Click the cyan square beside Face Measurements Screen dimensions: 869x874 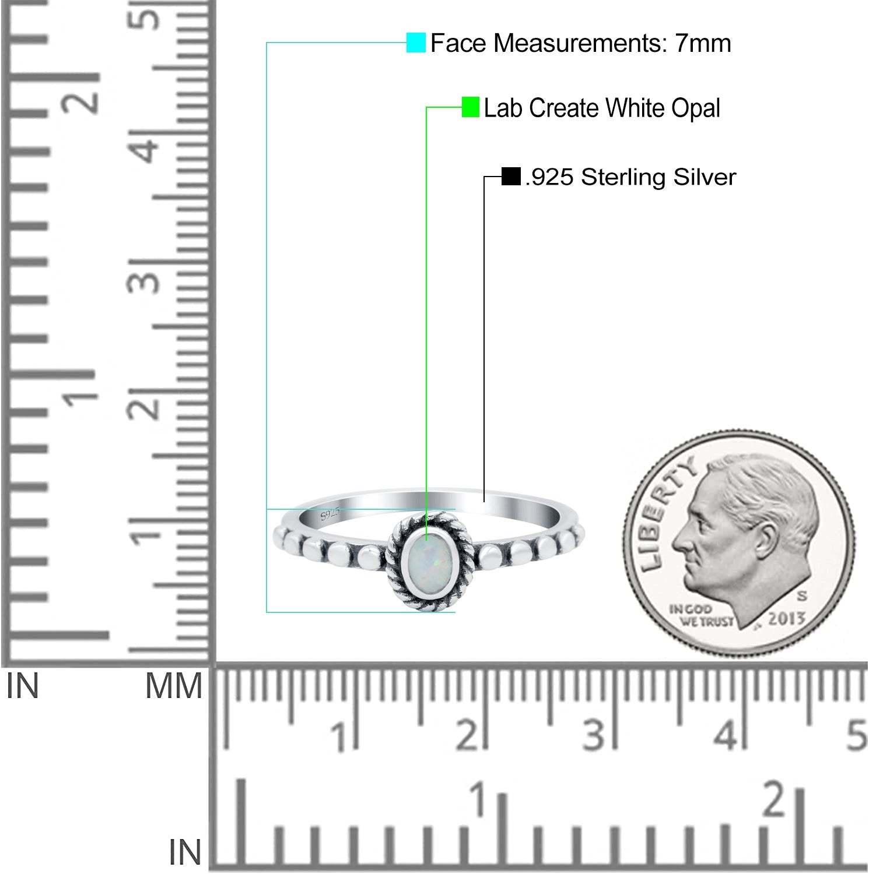pos(416,43)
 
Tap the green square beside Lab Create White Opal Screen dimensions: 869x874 pos(471,107)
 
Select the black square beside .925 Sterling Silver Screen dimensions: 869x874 pos(511,177)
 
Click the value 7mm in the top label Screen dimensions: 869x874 pos(703,43)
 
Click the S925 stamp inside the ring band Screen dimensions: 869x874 pos(330,514)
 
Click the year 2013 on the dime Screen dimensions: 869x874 pos(786,619)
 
